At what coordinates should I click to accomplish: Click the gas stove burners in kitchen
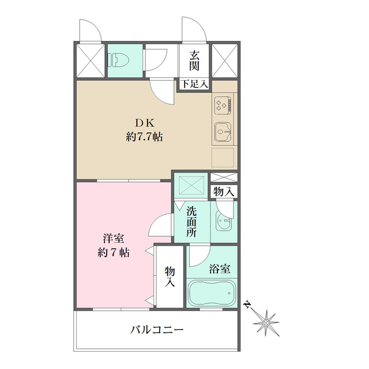pos(223,105)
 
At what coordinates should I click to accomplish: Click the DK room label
pos(144,123)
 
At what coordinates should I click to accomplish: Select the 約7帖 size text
pos(112,253)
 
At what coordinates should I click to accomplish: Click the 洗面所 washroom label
pos(192,221)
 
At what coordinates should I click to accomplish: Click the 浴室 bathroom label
pos(220,269)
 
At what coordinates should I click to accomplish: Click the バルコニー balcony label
pos(156,330)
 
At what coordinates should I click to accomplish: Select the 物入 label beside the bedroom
pos(170,276)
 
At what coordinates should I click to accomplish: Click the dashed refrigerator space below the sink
pos(223,157)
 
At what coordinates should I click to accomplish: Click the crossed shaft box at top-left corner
pos(89,59)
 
